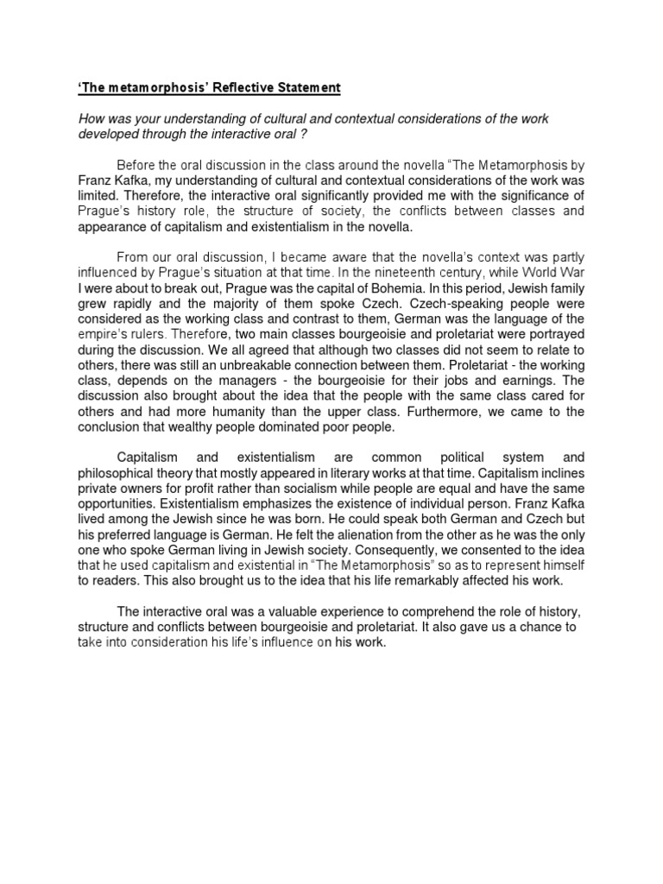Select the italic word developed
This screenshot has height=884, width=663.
click(x=110, y=134)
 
